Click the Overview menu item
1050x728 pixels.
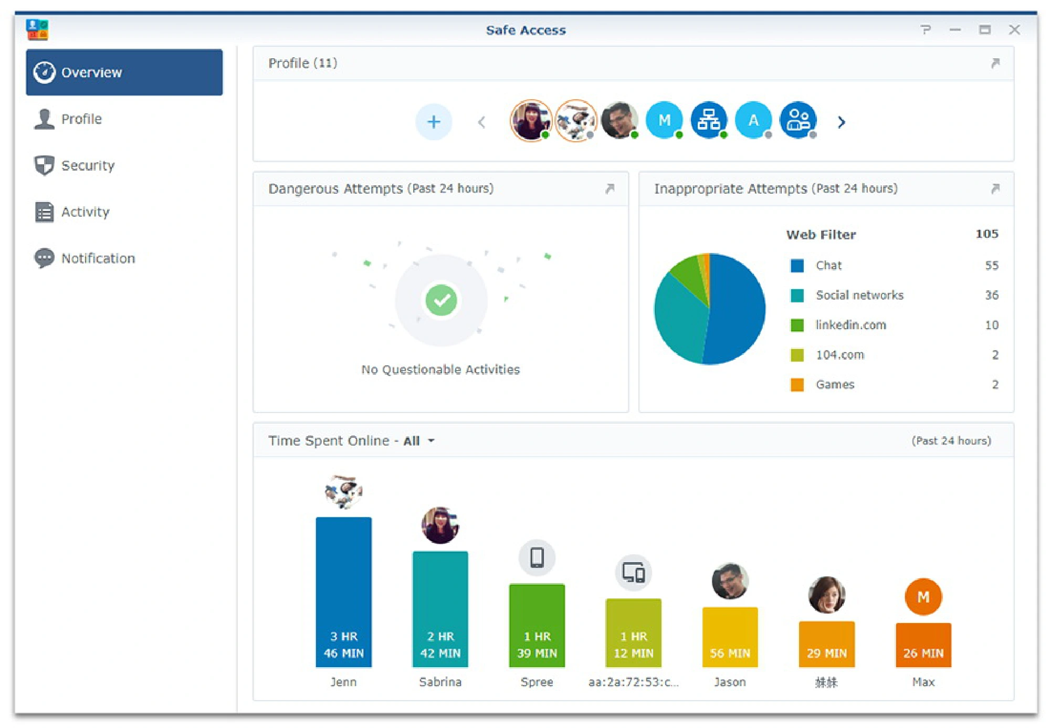124,72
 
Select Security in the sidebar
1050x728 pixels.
87,166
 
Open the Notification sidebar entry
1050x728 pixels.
98,258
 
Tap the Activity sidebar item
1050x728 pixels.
85,212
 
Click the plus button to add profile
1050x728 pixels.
434,122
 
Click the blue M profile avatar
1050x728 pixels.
664,121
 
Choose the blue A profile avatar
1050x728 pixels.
753,121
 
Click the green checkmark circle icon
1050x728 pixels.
441,300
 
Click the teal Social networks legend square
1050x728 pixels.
797,296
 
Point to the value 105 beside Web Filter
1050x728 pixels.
986,234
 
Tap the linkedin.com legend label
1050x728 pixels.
850,325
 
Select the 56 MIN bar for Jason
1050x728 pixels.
730,637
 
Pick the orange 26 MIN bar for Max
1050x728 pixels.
923,645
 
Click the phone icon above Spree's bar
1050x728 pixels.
537,557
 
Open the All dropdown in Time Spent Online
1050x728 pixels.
419,441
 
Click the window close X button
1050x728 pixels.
1014,30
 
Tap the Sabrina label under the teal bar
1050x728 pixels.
440,682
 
